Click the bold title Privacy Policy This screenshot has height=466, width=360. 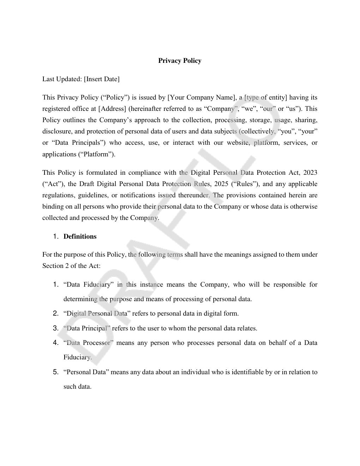180,61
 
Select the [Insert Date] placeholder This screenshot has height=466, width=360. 102,79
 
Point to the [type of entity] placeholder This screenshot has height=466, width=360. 265,97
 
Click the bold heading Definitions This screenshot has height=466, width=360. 80,237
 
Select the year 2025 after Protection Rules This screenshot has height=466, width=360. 221,184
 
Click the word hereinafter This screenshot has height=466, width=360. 145,109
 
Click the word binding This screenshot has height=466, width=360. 53,207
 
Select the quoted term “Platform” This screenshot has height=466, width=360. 97,154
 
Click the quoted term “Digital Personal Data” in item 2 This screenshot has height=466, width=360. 97,313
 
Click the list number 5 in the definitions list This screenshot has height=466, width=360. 55,372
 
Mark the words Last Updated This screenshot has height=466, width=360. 62,79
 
